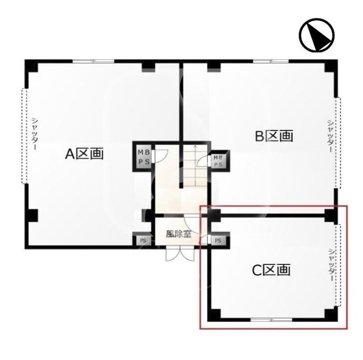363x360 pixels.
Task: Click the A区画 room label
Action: tap(84, 154)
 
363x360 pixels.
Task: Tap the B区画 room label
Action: tap(274, 136)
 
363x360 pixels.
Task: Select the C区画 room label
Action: tap(271, 270)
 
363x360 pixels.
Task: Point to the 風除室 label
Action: tap(178, 234)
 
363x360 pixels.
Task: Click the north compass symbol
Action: tap(316, 35)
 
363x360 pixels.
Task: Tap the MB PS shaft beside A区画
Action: tap(144, 157)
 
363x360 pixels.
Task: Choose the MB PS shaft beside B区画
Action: tap(218, 161)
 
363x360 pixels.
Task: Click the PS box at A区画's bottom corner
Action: tap(143, 241)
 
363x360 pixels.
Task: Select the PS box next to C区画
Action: tap(218, 241)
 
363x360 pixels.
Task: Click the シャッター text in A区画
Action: tap(35, 134)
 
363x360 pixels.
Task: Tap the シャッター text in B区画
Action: tap(330, 136)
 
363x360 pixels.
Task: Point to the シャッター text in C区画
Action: tap(331, 265)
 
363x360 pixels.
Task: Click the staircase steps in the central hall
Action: tap(196, 165)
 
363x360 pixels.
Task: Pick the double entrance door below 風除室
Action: tap(180, 254)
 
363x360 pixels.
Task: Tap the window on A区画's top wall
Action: tap(93, 61)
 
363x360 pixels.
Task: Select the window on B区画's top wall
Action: tap(271, 61)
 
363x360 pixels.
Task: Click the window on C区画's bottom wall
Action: tap(271, 320)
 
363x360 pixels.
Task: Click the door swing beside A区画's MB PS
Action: tap(160, 156)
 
